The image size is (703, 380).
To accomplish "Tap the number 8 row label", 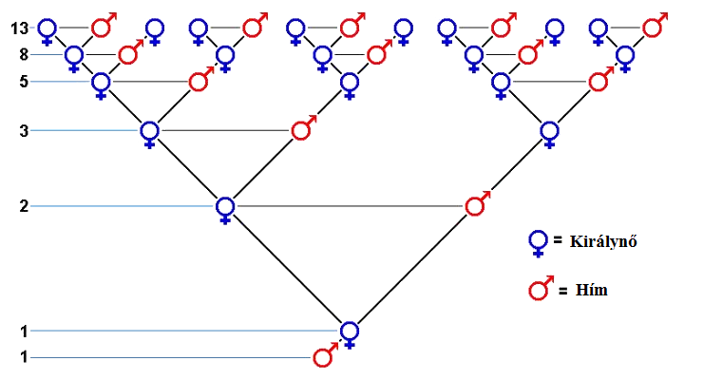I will click(x=24, y=54).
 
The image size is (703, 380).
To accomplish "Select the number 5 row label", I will click(x=24, y=82).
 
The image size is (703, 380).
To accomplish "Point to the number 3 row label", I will click(x=24, y=130).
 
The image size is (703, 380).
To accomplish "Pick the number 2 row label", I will click(x=24, y=206).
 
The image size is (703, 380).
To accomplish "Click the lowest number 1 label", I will click(x=24, y=357).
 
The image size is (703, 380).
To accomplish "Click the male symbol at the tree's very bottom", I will click(x=325, y=357).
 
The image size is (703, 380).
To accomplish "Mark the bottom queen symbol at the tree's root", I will click(x=350, y=332).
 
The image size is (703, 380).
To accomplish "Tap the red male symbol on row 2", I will click(x=477, y=204).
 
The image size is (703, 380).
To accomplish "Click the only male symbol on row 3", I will click(x=303, y=129).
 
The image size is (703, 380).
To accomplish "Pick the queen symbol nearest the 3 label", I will click(x=149, y=131).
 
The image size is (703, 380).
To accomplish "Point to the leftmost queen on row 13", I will click(x=46, y=29).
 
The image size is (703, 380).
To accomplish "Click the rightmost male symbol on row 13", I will click(x=653, y=27).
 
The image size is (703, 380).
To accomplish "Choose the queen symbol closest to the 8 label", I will click(x=74, y=56).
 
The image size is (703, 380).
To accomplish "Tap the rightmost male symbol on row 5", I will click(x=598, y=81).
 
